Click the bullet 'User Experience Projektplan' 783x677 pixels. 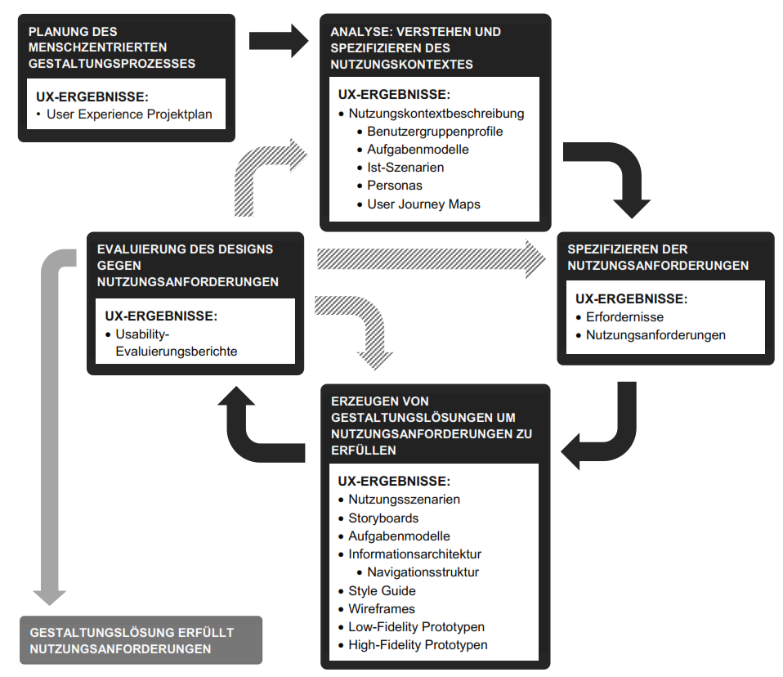click(x=129, y=114)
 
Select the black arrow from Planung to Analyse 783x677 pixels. click(x=279, y=41)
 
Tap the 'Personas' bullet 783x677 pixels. click(x=395, y=186)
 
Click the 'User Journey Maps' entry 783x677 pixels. click(x=423, y=204)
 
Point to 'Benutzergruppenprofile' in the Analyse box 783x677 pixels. click(x=435, y=132)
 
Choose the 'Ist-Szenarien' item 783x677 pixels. click(x=405, y=168)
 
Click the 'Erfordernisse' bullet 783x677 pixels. click(x=624, y=316)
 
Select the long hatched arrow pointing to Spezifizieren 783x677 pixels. click(x=431, y=259)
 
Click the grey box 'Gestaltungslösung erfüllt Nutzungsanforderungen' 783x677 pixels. click(x=141, y=640)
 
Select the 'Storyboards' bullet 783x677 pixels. click(x=383, y=518)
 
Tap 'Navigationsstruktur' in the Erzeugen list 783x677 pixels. click(x=423, y=572)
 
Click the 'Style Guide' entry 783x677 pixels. click(x=382, y=590)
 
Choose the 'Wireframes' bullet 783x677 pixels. click(x=382, y=608)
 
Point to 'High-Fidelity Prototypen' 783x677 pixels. click(x=418, y=644)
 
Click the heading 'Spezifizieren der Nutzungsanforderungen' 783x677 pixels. click(x=658, y=258)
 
